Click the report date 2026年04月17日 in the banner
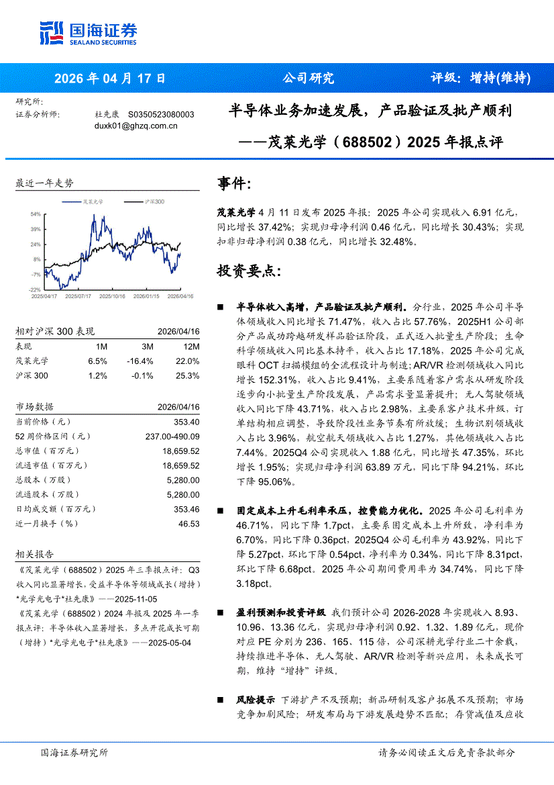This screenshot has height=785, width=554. click(x=109, y=78)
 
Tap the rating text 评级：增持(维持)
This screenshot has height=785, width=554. click(x=480, y=78)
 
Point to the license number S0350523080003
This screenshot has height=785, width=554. click(x=161, y=115)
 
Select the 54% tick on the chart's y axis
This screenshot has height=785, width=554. click(x=35, y=214)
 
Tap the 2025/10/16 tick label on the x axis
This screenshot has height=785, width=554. click(x=111, y=295)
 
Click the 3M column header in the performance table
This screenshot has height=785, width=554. click(x=148, y=347)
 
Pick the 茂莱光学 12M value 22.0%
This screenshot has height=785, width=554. click(x=188, y=361)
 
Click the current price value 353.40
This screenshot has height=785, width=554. click(x=186, y=422)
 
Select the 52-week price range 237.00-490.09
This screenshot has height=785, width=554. click(x=172, y=436)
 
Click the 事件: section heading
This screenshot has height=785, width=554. click(x=235, y=184)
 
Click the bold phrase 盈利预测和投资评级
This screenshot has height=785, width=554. click(x=281, y=613)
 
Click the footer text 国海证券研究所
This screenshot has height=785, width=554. click(x=74, y=753)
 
